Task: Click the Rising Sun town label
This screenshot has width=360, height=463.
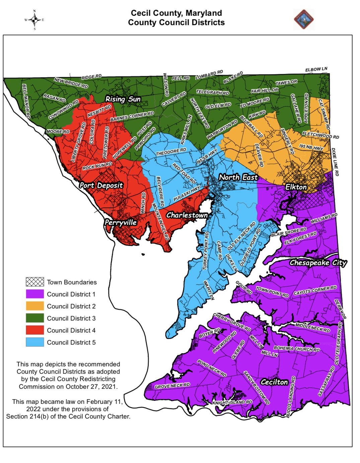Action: [x=123, y=99]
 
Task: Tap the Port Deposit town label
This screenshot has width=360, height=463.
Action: [x=101, y=185]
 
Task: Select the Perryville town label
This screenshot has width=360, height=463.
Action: [x=121, y=222]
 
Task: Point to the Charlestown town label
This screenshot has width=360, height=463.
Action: [x=187, y=215]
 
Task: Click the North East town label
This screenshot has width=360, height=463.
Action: [x=238, y=177]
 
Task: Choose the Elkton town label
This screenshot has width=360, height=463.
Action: [x=296, y=187]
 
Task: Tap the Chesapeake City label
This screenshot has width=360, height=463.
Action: [x=318, y=263]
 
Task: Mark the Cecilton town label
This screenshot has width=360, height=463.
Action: [x=274, y=382]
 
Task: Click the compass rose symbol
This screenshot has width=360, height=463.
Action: [x=34, y=20]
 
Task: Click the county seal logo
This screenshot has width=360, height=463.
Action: [x=304, y=20]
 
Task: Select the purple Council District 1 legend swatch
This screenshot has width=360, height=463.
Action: [x=35, y=294]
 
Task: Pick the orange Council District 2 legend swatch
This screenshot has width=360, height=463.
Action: [x=35, y=306]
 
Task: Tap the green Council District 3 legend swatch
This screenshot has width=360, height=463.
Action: [x=35, y=318]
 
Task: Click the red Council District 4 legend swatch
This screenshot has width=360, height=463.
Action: [x=35, y=330]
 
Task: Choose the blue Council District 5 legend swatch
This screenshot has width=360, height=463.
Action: [x=35, y=342]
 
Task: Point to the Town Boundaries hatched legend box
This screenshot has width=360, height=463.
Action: [x=35, y=282]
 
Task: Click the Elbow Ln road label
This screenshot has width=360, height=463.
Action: [x=316, y=70]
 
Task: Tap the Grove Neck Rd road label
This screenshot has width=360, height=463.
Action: [x=172, y=386]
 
